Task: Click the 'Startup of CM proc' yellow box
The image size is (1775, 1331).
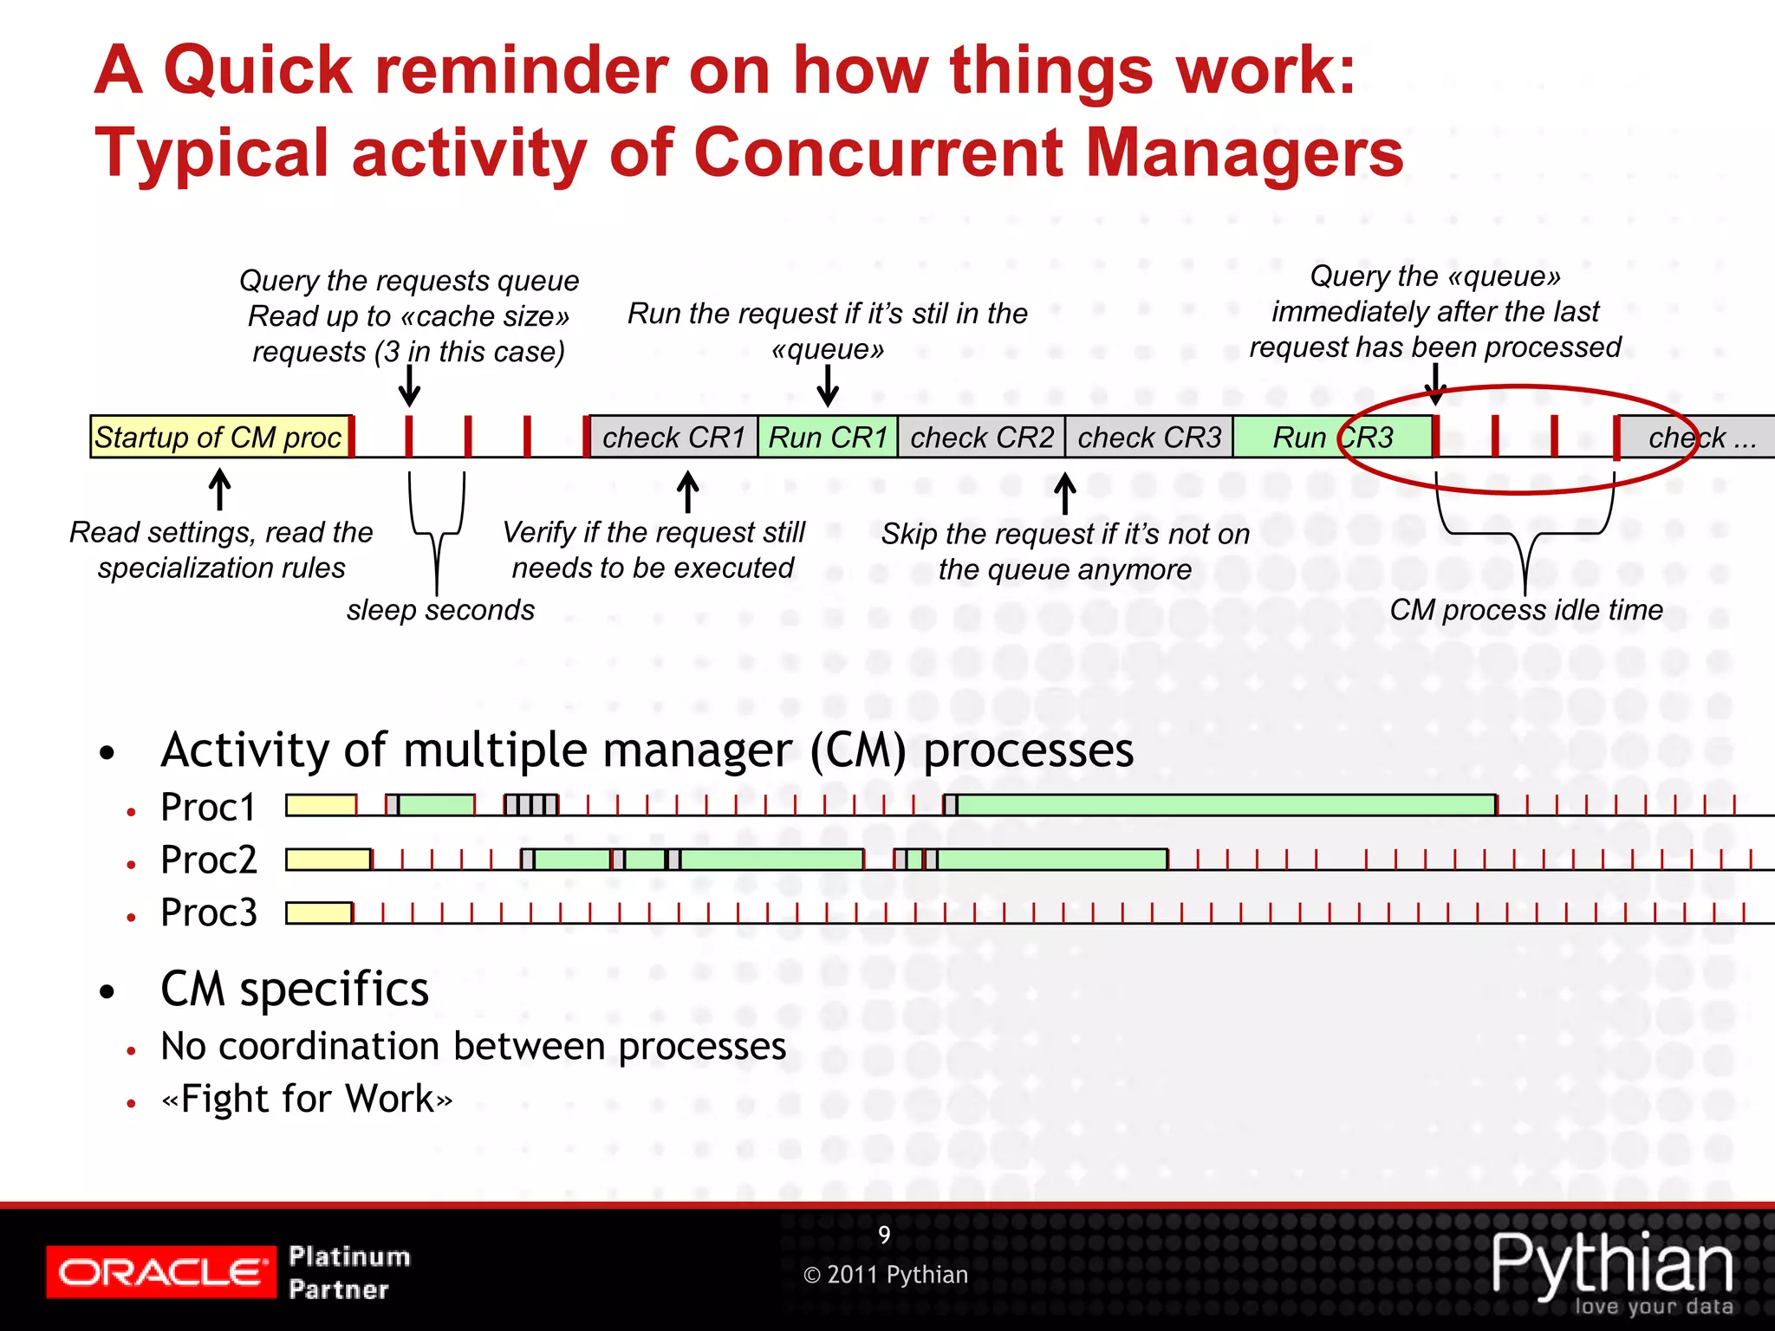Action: pos(219,437)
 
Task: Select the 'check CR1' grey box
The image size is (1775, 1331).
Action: pos(673,437)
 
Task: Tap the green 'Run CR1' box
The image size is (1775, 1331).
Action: pos(828,437)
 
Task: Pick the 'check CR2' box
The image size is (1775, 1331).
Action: pos(981,437)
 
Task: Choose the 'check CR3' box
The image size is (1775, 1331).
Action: pos(1148,437)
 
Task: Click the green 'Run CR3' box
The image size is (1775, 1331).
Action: pos(1332,437)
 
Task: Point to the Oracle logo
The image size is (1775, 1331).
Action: pos(160,1271)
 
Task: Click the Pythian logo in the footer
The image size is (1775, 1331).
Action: pos(1612,1269)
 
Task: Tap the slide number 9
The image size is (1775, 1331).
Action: pos(884,1234)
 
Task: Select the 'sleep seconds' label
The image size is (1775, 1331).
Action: pos(440,610)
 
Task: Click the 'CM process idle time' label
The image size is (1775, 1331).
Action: pos(1526,610)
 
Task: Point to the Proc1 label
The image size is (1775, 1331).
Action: pos(208,808)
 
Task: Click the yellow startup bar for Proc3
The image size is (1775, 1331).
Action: pos(319,913)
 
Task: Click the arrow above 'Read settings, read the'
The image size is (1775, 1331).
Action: pos(220,490)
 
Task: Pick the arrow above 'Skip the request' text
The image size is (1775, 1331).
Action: pos(1065,493)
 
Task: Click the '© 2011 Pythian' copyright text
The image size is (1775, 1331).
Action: pos(885,1275)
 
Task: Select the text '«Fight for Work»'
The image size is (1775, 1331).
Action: pos(307,1099)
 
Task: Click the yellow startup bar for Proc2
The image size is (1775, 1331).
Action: pos(328,860)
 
